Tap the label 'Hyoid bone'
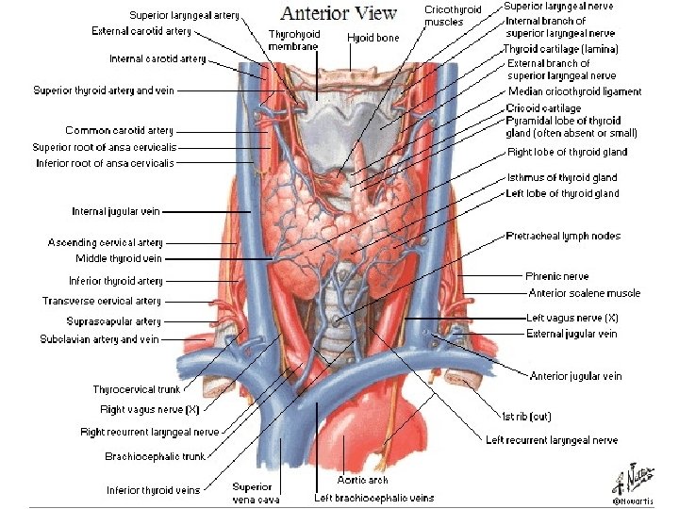[x=373, y=39]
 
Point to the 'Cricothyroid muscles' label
[x=453, y=15]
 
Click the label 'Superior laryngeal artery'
[x=184, y=15]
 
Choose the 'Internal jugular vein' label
[x=117, y=211]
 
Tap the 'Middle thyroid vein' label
[x=119, y=258]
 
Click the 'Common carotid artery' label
[x=119, y=130]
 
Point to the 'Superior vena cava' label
[x=253, y=493]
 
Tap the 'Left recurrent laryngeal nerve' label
[x=552, y=440]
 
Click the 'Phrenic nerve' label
[x=556, y=276]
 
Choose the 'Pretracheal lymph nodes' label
[x=563, y=236]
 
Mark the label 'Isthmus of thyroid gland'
[x=562, y=177]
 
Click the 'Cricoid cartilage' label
[x=543, y=108]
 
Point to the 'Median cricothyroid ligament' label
[x=574, y=91]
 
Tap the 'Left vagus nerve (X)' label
[x=572, y=319]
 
